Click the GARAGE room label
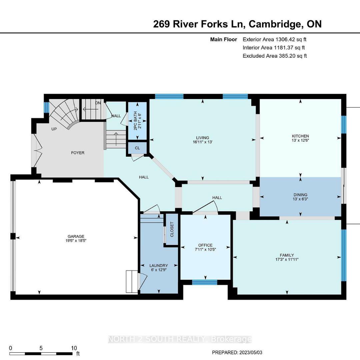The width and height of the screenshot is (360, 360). [x=76, y=236]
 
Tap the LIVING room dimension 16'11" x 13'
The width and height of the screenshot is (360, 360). [x=203, y=142]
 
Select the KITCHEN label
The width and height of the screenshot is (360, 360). [x=300, y=136]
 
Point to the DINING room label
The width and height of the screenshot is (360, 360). [x=300, y=195]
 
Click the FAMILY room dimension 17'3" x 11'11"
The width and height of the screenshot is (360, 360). [x=287, y=259]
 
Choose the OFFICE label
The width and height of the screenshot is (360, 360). [x=205, y=245]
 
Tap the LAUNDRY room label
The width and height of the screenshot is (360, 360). [x=159, y=266]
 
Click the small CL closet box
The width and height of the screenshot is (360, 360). [x=137, y=148]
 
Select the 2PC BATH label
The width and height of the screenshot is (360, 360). [x=135, y=121]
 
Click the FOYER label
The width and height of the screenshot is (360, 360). [x=78, y=153]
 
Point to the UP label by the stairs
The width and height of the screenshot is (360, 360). [x=54, y=129]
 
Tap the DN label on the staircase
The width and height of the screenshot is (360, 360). [x=98, y=103]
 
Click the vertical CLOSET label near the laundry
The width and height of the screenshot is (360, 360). [x=172, y=229]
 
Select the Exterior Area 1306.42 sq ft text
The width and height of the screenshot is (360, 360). [x=275, y=39]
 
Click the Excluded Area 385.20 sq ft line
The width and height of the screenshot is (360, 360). [x=275, y=56]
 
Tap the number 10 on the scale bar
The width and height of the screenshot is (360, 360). [x=74, y=348]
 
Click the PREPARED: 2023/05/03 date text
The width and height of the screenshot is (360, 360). [x=237, y=352]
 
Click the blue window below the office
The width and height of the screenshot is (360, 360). [x=205, y=282]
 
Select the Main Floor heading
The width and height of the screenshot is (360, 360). [x=224, y=39]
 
